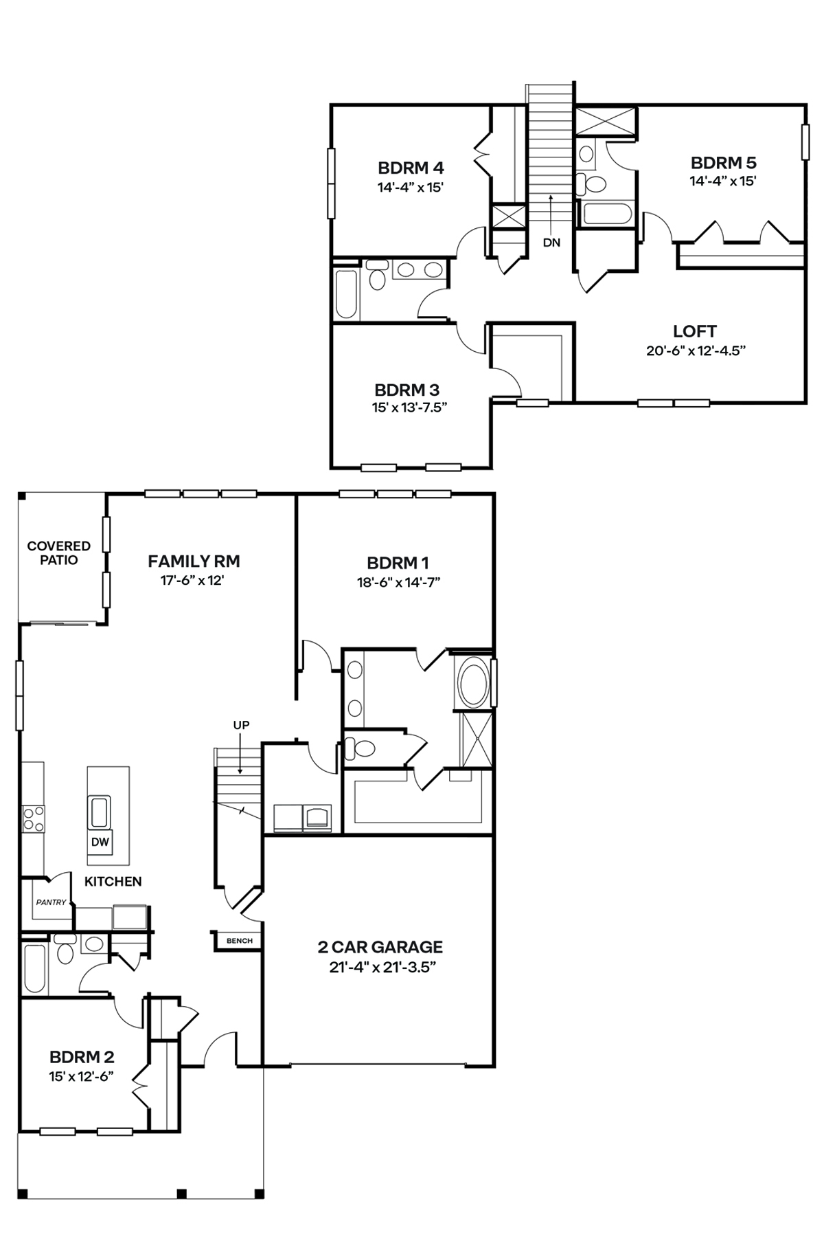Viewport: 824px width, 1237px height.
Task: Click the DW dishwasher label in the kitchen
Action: click(x=100, y=841)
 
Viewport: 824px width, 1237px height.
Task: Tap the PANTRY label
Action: click(x=51, y=902)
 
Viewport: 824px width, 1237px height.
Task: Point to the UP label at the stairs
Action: click(x=241, y=725)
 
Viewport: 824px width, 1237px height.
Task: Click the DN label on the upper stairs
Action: click(x=551, y=243)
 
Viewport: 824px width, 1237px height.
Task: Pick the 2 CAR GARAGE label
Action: click(x=380, y=947)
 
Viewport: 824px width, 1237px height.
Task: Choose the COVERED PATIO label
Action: click(x=58, y=553)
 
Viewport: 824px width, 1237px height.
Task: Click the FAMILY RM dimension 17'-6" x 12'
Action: click(x=194, y=580)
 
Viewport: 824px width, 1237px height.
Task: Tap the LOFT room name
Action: click(x=695, y=331)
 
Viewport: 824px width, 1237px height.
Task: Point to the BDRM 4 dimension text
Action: click(x=411, y=186)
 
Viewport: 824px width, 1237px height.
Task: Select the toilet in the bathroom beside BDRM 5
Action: click(x=591, y=183)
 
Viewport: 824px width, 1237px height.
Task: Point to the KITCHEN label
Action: click(x=113, y=881)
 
